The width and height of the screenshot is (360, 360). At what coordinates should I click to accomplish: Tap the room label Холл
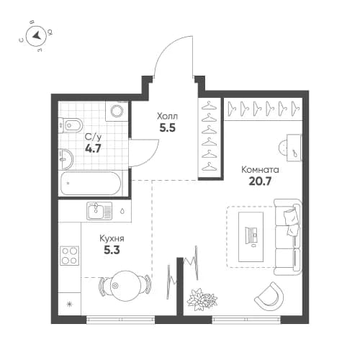(167, 115)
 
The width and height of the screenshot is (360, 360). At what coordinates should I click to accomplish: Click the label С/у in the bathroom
(93, 138)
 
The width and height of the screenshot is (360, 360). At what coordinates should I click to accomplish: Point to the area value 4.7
(93, 150)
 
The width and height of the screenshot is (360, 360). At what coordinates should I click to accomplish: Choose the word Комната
(260, 170)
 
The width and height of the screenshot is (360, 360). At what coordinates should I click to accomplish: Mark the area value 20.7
(260, 183)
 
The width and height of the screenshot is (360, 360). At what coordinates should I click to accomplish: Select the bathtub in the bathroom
(91, 184)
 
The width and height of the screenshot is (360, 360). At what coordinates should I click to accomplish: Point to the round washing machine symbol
(116, 112)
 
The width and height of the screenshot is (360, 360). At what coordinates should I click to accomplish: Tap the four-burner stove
(70, 255)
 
